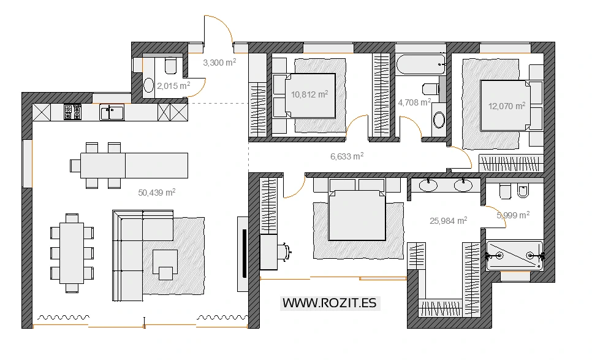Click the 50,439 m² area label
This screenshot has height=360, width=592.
pyautogui.click(x=157, y=193)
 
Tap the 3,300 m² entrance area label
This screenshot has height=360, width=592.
pyautogui.click(x=219, y=63)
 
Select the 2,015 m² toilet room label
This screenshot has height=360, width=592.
pyautogui.click(x=173, y=86)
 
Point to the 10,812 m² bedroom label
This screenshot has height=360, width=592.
pyautogui.click(x=309, y=94)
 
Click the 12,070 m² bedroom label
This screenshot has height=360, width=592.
pyautogui.click(x=507, y=105)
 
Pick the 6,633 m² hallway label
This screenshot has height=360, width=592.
pyautogui.click(x=347, y=156)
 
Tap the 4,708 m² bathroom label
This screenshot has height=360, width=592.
pyautogui.click(x=414, y=102)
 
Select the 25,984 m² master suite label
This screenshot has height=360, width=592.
pyautogui.click(x=449, y=221)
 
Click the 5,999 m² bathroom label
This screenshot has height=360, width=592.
pyautogui.click(x=513, y=215)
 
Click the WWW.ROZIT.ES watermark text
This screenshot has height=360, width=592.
pyautogui.click(x=330, y=303)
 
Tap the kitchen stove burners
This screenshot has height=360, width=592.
pyautogui.click(x=72, y=112)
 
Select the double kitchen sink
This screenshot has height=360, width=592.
pyautogui.click(x=112, y=113)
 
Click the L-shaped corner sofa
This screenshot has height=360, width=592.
pyautogui.click(x=128, y=255)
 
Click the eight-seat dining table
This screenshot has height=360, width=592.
pyautogui.click(x=72, y=253)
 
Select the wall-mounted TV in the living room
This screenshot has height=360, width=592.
pyautogui.click(x=245, y=253)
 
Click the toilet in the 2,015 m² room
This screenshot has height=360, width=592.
pyautogui.click(x=170, y=66)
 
